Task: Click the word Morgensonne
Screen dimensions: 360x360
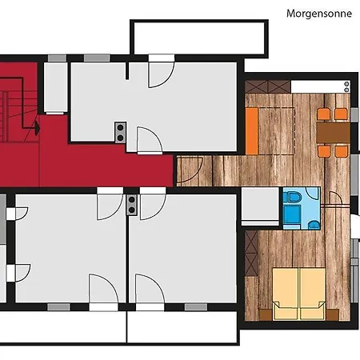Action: point(319,14)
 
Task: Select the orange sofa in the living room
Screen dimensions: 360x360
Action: point(252,130)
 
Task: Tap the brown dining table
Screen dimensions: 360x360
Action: point(333,133)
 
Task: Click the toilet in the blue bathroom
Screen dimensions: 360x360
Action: point(294,198)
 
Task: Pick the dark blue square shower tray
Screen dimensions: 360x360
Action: point(292,214)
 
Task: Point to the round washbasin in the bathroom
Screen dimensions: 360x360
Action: point(314,225)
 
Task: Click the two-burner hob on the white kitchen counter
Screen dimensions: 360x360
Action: point(346,86)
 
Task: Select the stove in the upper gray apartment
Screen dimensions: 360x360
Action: point(120,132)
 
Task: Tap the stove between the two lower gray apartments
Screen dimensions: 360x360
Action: point(131,205)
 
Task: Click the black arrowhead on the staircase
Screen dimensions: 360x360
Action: point(37,128)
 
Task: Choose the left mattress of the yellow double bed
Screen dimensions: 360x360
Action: point(286,294)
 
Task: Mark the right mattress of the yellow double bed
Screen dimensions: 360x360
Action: point(313,294)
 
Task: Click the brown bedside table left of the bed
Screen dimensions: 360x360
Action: point(266,314)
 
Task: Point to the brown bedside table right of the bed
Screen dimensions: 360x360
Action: point(332,314)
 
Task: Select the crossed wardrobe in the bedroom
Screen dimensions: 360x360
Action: point(251,254)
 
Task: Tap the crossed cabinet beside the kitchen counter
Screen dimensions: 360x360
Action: point(267,86)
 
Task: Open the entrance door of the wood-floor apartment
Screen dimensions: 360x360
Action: point(190,170)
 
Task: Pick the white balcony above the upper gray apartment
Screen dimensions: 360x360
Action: point(199,38)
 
